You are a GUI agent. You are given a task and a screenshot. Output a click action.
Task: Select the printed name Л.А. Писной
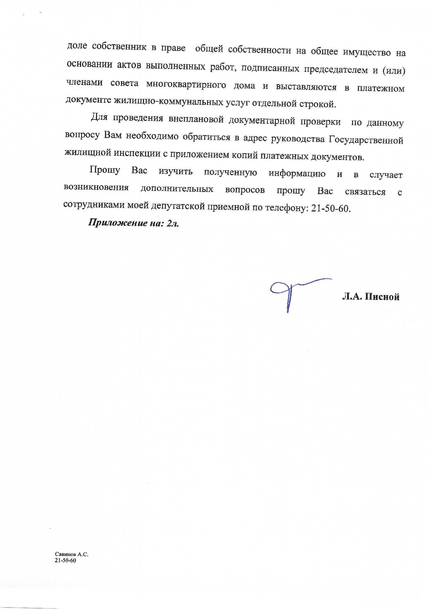(370, 297)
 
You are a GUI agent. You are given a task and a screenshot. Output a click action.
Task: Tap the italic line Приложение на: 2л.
(134, 223)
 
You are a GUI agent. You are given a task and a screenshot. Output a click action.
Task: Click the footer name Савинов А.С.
(69, 554)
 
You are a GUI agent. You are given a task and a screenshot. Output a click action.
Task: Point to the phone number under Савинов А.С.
(65, 560)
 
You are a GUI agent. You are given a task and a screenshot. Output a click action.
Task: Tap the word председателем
(336, 69)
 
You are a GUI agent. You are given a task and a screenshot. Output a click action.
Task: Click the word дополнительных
(177, 189)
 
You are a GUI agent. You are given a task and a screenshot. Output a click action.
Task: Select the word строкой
(321, 104)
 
